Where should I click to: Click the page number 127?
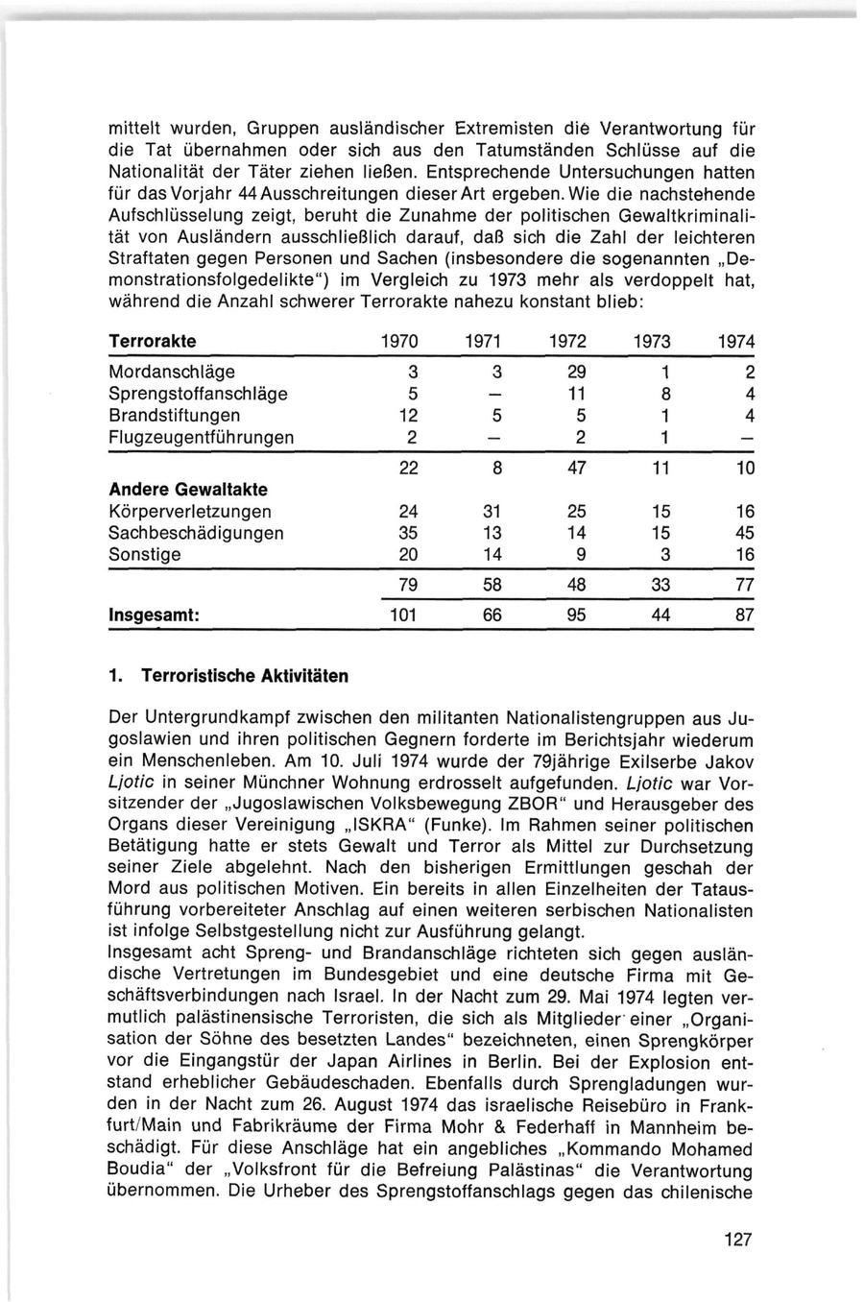pyautogui.click(x=738, y=1240)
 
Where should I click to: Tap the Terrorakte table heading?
pyautogui.click(x=153, y=342)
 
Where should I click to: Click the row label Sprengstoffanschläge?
pyautogui.click(x=199, y=394)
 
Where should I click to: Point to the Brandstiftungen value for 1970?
pyautogui.click(x=406, y=416)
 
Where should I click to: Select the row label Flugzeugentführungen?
pyautogui.click(x=202, y=438)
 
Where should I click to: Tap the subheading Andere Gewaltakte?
pyautogui.click(x=188, y=490)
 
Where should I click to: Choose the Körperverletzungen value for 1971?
pyautogui.click(x=492, y=512)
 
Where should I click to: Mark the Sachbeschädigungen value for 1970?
pyautogui.click(x=406, y=533)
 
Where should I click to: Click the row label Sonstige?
pyautogui.click(x=145, y=555)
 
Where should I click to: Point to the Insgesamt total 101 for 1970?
pyautogui.click(x=403, y=615)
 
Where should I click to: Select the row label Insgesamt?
pyautogui.click(x=154, y=615)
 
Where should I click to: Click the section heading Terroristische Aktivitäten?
pyautogui.click(x=245, y=676)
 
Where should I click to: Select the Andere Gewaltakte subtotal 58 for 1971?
pyautogui.click(x=492, y=586)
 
